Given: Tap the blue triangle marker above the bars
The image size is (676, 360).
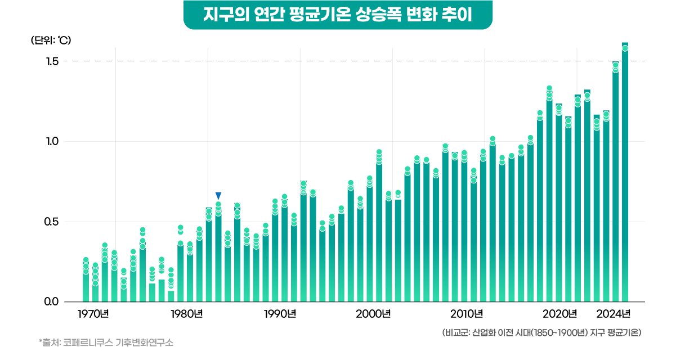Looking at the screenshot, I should pyautogui.click(x=218, y=195).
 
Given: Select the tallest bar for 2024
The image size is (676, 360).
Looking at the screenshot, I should pyautogui.click(x=625, y=169).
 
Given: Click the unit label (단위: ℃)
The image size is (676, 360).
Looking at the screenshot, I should pyautogui.click(x=51, y=40).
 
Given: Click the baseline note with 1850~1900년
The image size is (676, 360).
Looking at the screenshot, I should pyautogui.click(x=542, y=332).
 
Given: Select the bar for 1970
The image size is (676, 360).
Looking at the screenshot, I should pyautogui.click(x=86, y=281).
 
